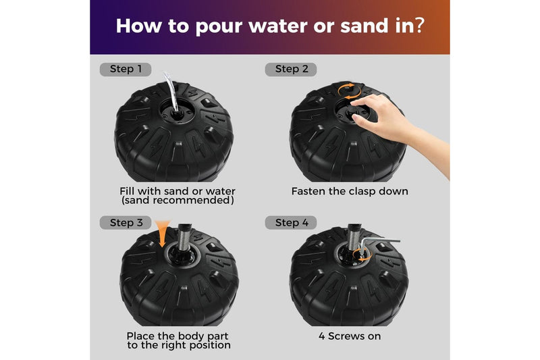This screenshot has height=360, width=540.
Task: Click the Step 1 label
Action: click(126, 70)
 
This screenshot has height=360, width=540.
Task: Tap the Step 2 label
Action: click(291, 70)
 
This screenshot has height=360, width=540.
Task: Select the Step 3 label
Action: click(126, 222)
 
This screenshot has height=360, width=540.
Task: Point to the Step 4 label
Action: click(291, 222)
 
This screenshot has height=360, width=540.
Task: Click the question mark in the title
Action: click(420, 26)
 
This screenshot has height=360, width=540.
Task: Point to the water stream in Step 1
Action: click(171, 91)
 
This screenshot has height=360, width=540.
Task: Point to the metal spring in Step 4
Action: click(354, 238)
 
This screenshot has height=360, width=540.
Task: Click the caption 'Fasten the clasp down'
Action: click(350, 192)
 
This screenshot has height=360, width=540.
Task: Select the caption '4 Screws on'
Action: click(350, 336)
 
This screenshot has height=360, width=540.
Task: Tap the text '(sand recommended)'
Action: click(178, 201)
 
